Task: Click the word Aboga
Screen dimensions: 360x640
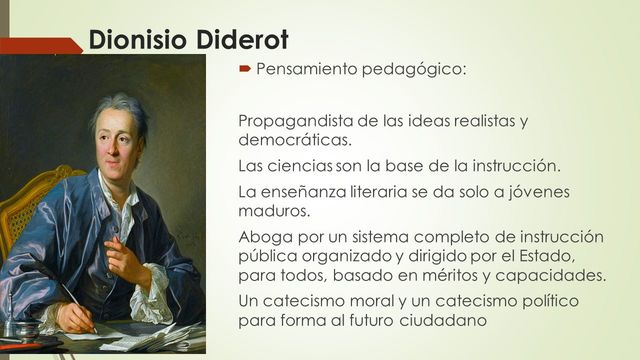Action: point(262,236)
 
